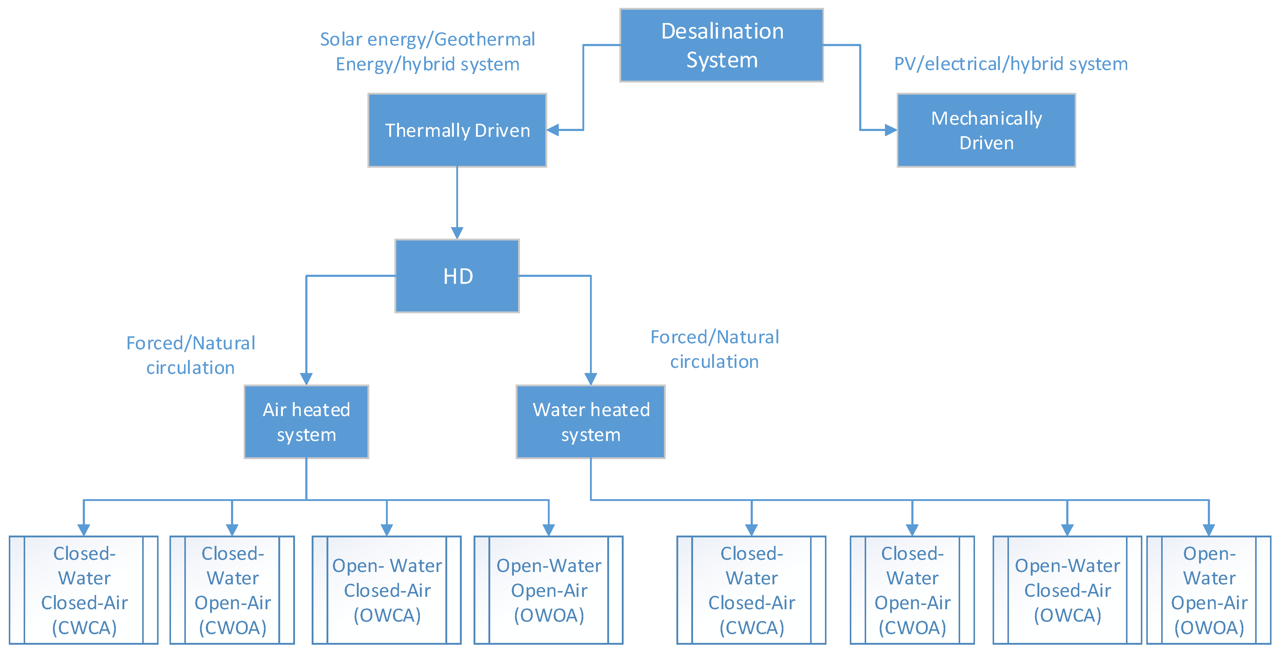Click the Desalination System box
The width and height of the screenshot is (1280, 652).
tap(722, 45)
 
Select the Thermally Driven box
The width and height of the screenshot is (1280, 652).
tap(457, 130)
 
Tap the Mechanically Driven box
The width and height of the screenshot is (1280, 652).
tap(986, 130)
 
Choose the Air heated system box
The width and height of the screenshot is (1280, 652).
tap(306, 422)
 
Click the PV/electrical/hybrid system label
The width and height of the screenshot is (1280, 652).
tap(1011, 64)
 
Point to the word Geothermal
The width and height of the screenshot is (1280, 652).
tap(484, 39)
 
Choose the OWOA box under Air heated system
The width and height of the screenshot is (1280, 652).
tap(548, 590)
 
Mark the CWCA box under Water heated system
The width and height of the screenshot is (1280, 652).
tap(751, 590)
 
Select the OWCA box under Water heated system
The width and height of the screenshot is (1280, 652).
tap(1067, 590)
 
